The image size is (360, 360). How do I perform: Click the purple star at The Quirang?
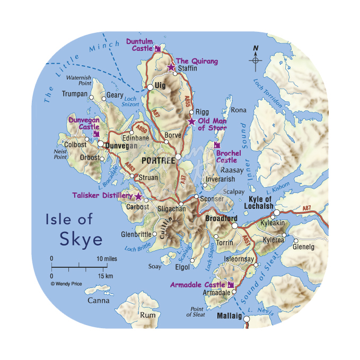click(171, 67)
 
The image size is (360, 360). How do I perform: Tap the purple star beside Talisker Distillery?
click(138, 196)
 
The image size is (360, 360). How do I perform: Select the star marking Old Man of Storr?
click(191, 121)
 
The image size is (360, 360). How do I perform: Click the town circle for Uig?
click(150, 86)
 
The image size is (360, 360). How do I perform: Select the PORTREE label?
click(158, 161)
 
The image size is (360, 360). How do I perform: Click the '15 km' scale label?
click(106, 276)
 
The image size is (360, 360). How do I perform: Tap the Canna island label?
click(99, 301)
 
